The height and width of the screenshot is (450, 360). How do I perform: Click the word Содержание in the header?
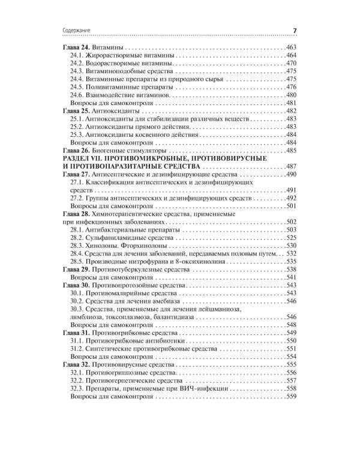click(77, 32)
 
